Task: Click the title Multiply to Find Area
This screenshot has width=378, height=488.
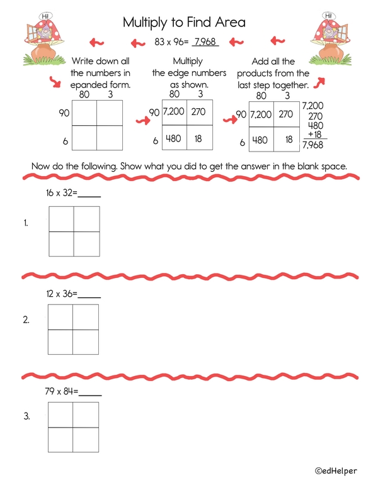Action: pos(184,23)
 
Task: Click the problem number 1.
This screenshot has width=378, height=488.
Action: pos(26,223)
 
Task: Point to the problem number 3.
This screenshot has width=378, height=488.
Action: pos(26,416)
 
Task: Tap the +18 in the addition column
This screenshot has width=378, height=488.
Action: pos(314,135)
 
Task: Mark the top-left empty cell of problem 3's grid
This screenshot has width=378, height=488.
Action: pos(60,414)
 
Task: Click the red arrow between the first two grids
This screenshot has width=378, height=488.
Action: pos(141,119)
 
